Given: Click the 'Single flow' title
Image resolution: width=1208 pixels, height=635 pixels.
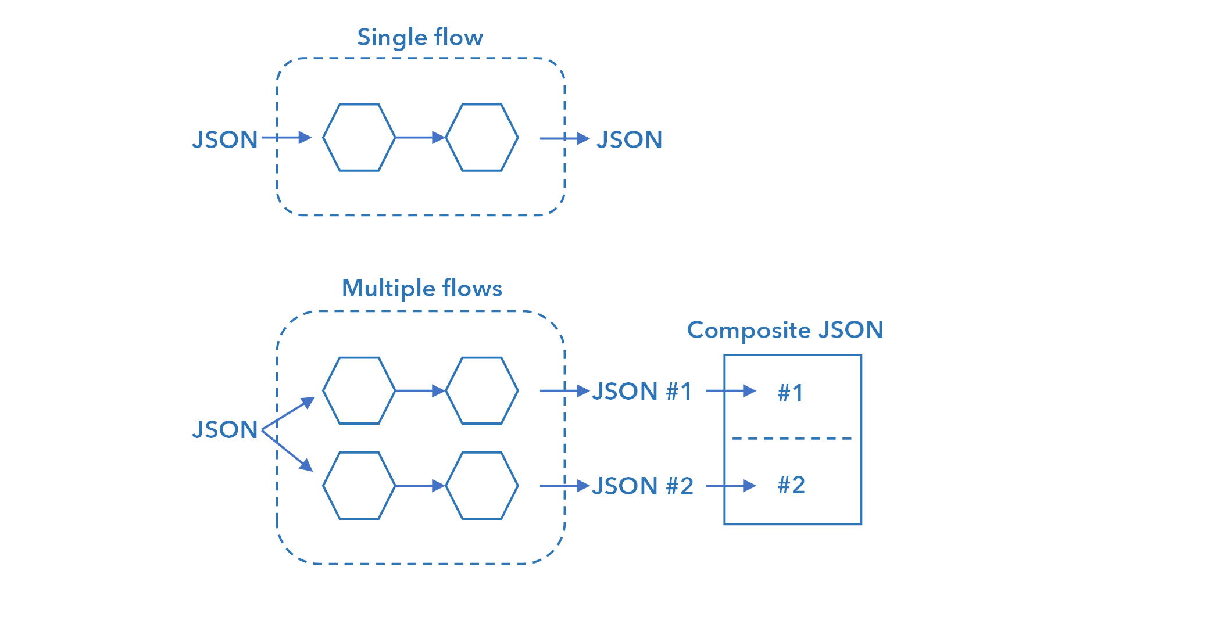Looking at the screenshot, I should click(420, 38).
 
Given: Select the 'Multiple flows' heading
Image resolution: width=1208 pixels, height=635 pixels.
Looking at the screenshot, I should click(421, 288).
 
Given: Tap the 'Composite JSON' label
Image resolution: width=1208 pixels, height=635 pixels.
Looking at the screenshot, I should click(785, 330).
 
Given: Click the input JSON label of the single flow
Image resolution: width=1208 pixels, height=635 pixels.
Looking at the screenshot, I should click(225, 140).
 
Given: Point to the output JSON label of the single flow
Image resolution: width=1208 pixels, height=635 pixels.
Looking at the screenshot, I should click(630, 140).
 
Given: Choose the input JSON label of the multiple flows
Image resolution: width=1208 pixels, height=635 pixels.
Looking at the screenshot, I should click(225, 430).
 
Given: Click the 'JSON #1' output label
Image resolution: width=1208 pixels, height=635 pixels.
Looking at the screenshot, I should click(642, 392).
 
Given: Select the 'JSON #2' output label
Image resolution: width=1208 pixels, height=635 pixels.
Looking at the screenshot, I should click(642, 486).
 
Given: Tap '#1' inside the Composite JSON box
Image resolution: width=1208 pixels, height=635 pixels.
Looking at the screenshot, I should click(791, 393).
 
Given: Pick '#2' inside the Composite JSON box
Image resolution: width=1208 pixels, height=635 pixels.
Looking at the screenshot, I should click(791, 485).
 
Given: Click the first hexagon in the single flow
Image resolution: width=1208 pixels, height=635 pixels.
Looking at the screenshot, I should click(359, 138).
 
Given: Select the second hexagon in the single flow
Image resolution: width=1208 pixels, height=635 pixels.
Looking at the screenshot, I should click(482, 138).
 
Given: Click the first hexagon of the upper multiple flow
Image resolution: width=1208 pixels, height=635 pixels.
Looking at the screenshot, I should click(359, 390).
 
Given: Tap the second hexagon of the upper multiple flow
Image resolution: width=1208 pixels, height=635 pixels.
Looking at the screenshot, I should click(482, 390).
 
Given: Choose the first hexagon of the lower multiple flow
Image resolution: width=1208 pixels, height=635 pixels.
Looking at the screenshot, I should click(359, 486).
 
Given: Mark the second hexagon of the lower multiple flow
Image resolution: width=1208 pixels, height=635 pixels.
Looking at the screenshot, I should click(482, 486).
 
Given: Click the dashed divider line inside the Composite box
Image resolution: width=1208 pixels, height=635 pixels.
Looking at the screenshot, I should click(792, 439).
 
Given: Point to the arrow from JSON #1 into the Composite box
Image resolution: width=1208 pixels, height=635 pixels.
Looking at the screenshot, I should click(731, 392).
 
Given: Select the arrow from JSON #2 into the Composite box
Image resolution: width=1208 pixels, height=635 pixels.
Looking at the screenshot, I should click(731, 486).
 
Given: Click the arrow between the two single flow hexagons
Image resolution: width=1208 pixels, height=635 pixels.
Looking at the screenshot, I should click(420, 138).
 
